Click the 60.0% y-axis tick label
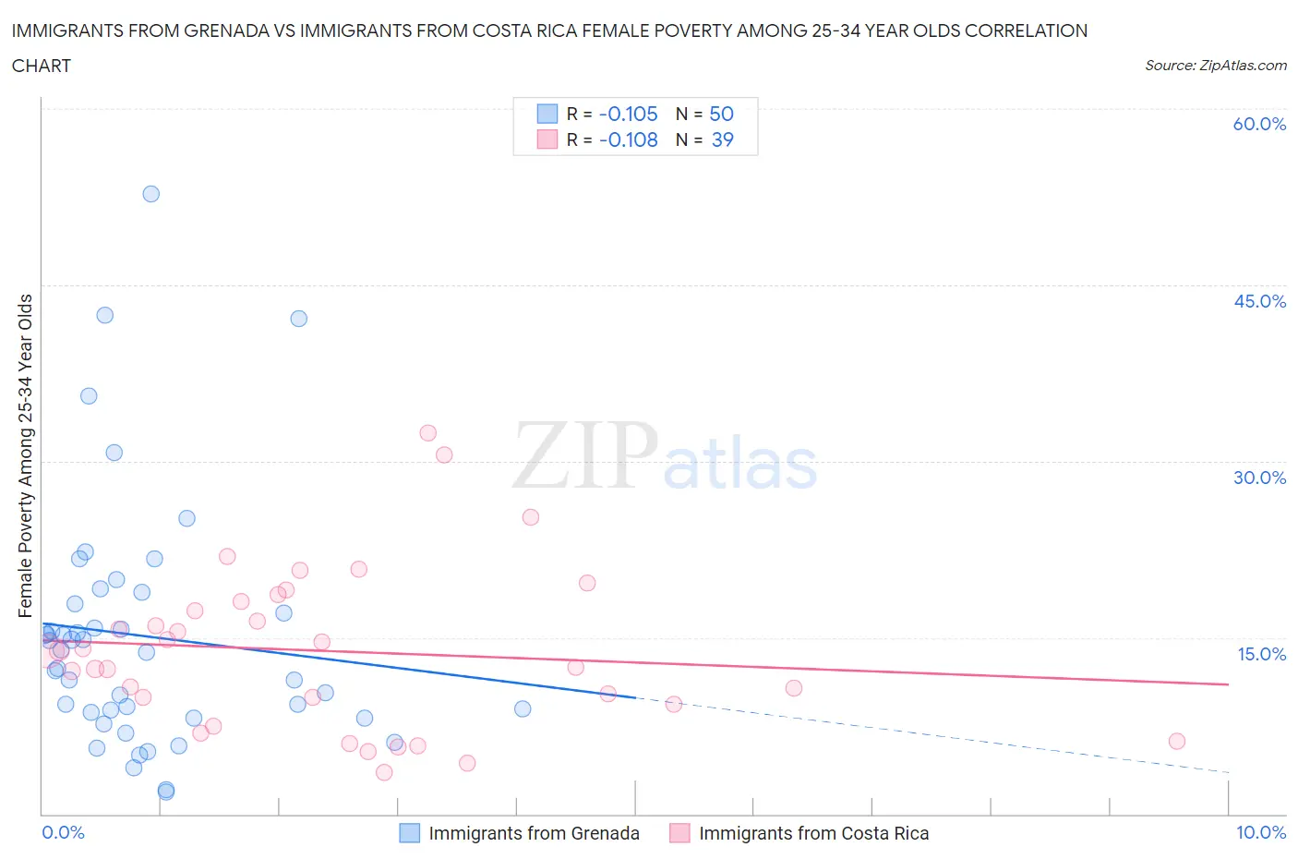coord(1259,124)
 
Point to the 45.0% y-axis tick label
coord(1259,301)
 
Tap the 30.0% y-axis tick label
coord(1259,478)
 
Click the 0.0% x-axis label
coord(63,832)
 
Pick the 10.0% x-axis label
coord(1260,832)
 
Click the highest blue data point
coord(150,194)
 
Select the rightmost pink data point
coord(1176,741)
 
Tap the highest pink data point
coord(427,433)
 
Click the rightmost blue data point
coord(523,709)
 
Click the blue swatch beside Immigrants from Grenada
coord(409,833)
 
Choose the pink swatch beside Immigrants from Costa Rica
coord(679,833)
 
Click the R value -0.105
coord(628,115)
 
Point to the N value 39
coord(722,140)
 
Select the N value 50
coord(721,115)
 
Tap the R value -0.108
coord(628,140)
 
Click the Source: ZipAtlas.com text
coord(1215,66)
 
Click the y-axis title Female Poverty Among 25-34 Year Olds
coord(26,455)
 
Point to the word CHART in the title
coord(42,66)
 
